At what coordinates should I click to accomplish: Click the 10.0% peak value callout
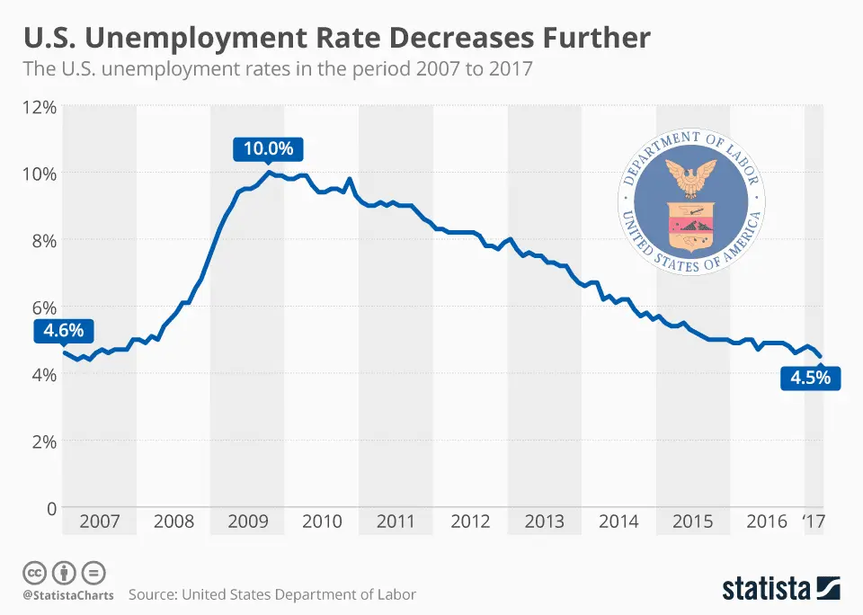(x=269, y=148)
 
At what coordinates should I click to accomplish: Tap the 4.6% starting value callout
(x=63, y=331)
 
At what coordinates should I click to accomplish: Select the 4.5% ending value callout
(x=810, y=378)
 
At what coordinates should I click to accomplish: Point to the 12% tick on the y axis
(x=39, y=107)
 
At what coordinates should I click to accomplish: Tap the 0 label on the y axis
(x=50, y=508)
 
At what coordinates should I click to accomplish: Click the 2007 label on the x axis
(x=98, y=521)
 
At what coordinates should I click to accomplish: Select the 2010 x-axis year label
(x=321, y=521)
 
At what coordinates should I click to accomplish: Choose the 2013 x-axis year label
(x=544, y=521)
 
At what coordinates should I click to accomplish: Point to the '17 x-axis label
(x=814, y=521)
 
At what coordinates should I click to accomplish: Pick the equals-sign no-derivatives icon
(x=93, y=572)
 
